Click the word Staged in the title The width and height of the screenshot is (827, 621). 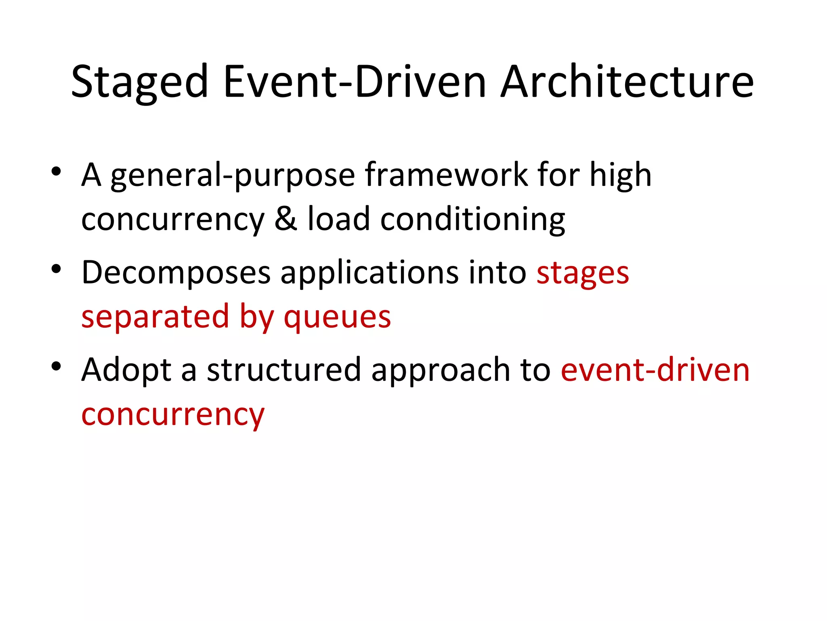[x=139, y=83]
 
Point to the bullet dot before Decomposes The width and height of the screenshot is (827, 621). [x=56, y=269]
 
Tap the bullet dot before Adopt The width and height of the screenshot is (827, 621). [x=56, y=366]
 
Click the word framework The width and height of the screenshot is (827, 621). [x=446, y=175]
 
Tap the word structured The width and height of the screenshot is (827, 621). [x=283, y=370]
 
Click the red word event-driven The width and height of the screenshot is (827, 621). [x=655, y=370]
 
